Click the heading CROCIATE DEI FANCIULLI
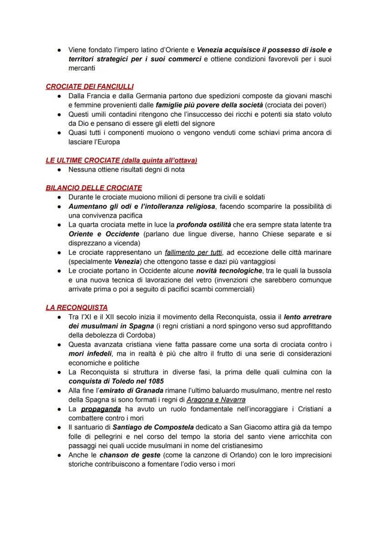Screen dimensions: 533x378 pos(89,86)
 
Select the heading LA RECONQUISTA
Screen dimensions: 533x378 pos(77,307)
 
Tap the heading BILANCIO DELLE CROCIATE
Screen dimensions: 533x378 pos(94,187)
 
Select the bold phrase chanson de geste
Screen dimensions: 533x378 pos(130,455)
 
